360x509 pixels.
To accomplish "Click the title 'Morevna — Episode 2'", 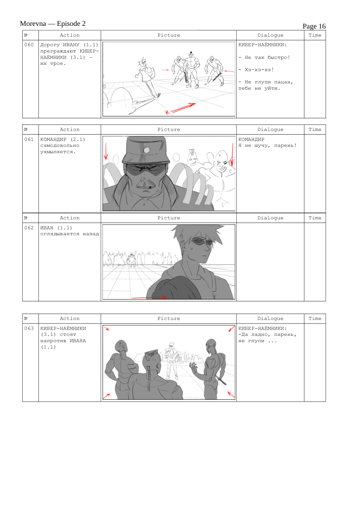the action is (53, 24).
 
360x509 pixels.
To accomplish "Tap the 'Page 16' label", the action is (314, 26).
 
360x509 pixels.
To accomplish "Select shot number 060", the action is (29, 45).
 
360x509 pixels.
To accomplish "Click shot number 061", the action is (29, 139).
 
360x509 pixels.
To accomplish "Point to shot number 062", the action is (29, 228).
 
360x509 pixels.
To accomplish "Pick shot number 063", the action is (29, 328).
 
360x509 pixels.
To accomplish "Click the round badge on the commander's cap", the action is (147, 150).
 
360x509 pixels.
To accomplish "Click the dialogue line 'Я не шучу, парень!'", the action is (268, 146).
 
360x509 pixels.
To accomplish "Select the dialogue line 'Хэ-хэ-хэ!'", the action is (259, 70).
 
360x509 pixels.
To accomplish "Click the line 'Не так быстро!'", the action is (268, 58).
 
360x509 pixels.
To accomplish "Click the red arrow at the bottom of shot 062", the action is (149, 297).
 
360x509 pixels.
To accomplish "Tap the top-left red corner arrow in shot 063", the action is (107, 328).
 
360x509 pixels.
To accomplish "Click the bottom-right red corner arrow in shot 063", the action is (231, 394).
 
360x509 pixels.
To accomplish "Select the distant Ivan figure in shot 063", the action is (171, 360).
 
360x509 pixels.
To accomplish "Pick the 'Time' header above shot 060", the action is (315, 35).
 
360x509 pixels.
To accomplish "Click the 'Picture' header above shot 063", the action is (169, 319).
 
